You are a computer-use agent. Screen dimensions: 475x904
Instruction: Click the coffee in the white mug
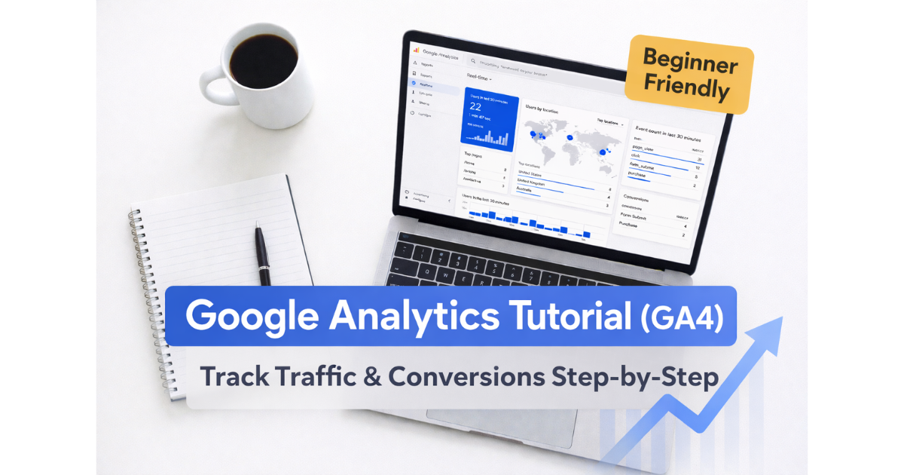click(x=264, y=60)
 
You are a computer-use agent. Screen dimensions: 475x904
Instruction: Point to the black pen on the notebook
click(x=262, y=253)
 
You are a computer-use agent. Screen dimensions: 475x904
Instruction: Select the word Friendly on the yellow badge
click(x=686, y=90)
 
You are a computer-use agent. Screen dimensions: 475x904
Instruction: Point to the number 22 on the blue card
click(x=475, y=107)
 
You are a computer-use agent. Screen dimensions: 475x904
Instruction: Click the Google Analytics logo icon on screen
click(x=416, y=50)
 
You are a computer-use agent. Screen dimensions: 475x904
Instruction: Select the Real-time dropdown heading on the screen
click(x=479, y=77)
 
